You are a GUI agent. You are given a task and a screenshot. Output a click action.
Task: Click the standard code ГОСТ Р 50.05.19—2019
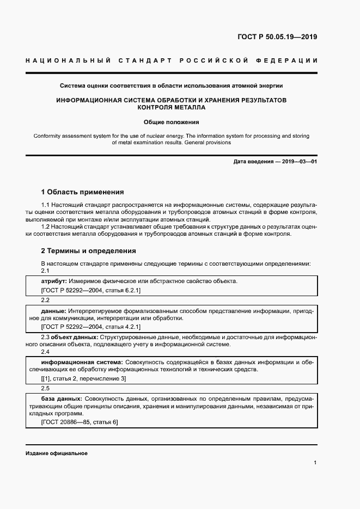(277, 38)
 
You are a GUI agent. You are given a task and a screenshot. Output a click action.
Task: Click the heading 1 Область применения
(82, 192)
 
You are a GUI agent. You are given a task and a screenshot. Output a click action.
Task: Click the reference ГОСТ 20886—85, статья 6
(80, 422)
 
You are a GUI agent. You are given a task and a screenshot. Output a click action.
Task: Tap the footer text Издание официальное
(57, 453)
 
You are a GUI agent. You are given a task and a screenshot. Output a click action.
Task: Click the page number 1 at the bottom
(315, 462)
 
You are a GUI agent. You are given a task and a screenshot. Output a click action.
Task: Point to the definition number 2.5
(45, 389)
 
